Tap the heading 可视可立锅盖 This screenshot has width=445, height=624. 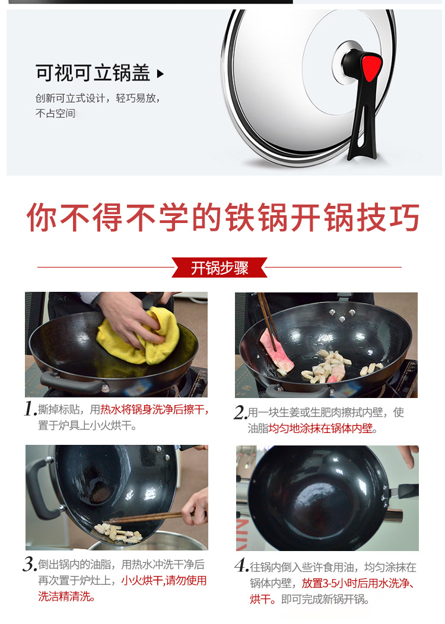pyautogui.click(x=93, y=73)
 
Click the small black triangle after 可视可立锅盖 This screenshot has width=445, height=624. pyautogui.click(x=160, y=74)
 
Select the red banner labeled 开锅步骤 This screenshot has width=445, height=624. pyautogui.click(x=220, y=268)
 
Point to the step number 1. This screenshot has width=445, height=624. pyautogui.click(x=30, y=409)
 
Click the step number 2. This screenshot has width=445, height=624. pyautogui.click(x=240, y=412)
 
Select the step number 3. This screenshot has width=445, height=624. pyautogui.click(x=30, y=564)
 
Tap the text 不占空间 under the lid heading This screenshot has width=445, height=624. pyautogui.click(x=55, y=113)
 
